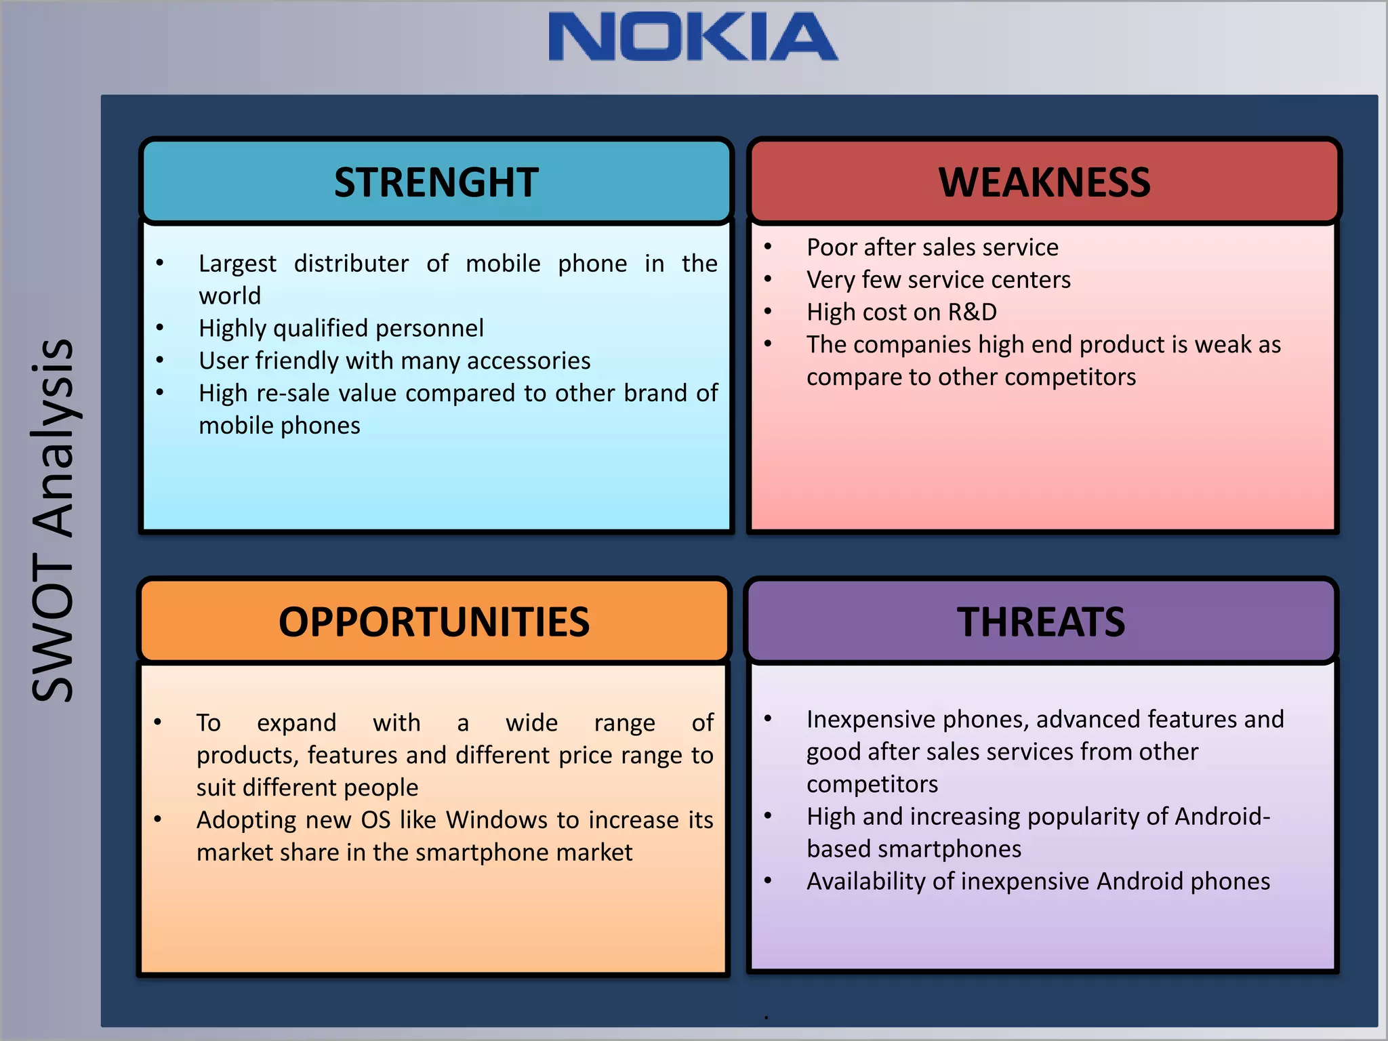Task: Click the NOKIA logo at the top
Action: click(x=693, y=37)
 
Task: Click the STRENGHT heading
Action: click(x=436, y=182)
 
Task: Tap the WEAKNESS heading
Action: click(x=1044, y=182)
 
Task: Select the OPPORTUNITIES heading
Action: click(x=434, y=622)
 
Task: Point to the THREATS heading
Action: click(x=1040, y=622)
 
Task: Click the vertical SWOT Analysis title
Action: click(x=53, y=520)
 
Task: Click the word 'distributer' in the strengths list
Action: click(x=351, y=264)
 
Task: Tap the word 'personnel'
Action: click(x=430, y=329)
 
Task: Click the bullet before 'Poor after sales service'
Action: click(x=768, y=247)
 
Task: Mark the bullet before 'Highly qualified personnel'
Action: click(x=160, y=328)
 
